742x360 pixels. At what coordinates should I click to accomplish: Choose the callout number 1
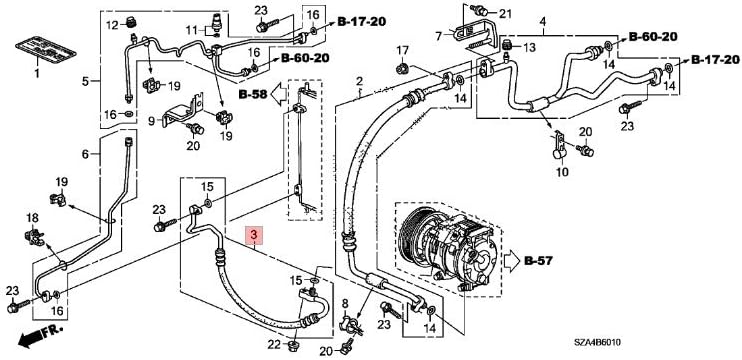pos(38,73)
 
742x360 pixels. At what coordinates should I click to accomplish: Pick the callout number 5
pos(85,80)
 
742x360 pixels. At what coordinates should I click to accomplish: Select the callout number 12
pos(113,24)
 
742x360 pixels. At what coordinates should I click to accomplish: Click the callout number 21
pos(505,12)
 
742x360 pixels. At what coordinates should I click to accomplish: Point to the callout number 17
pos(402,50)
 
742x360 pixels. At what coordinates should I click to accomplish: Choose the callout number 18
pos(32,218)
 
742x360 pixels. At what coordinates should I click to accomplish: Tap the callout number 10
pos(561,172)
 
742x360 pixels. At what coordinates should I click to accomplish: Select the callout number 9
pos(153,120)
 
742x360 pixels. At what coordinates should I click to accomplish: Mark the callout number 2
pos(359,80)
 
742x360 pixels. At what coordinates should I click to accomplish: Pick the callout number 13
pos(530,47)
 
